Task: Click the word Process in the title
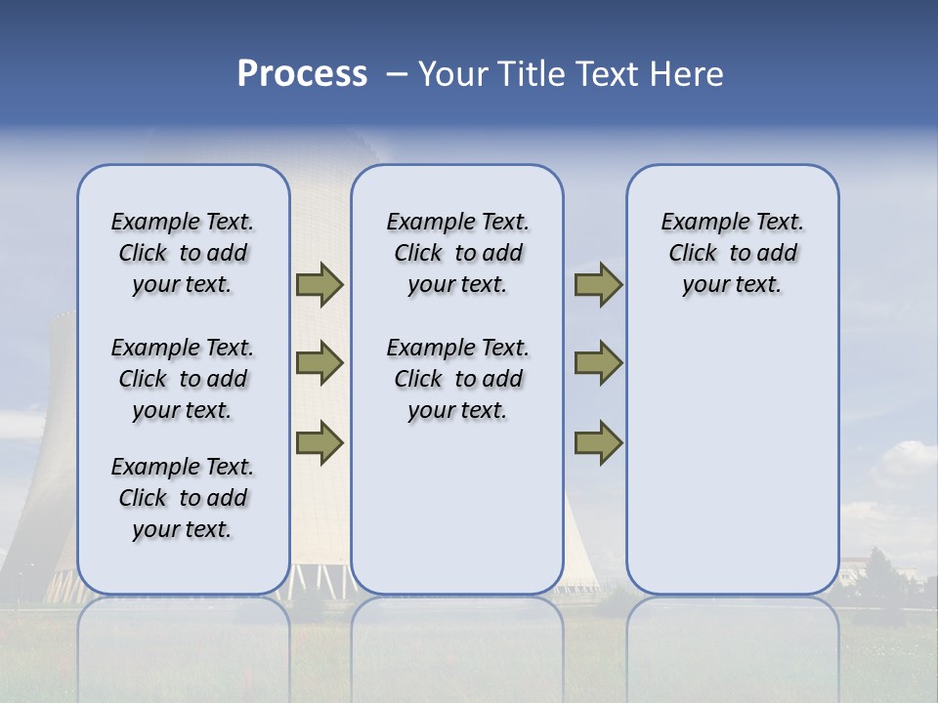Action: [x=302, y=74]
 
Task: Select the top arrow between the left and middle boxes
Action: [x=320, y=284]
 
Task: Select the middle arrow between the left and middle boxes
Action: [x=320, y=363]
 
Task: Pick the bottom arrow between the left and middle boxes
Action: [x=320, y=442]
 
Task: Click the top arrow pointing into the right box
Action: [x=598, y=284]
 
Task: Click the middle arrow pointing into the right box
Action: [x=598, y=363]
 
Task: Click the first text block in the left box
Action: [x=183, y=253]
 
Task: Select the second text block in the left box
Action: [x=183, y=379]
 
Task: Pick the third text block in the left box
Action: [x=183, y=498]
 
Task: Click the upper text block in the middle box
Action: [x=457, y=253]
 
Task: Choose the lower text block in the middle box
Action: [x=457, y=379]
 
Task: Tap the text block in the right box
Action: [x=732, y=253]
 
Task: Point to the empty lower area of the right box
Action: [x=732, y=459]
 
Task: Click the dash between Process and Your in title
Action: [x=396, y=74]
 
